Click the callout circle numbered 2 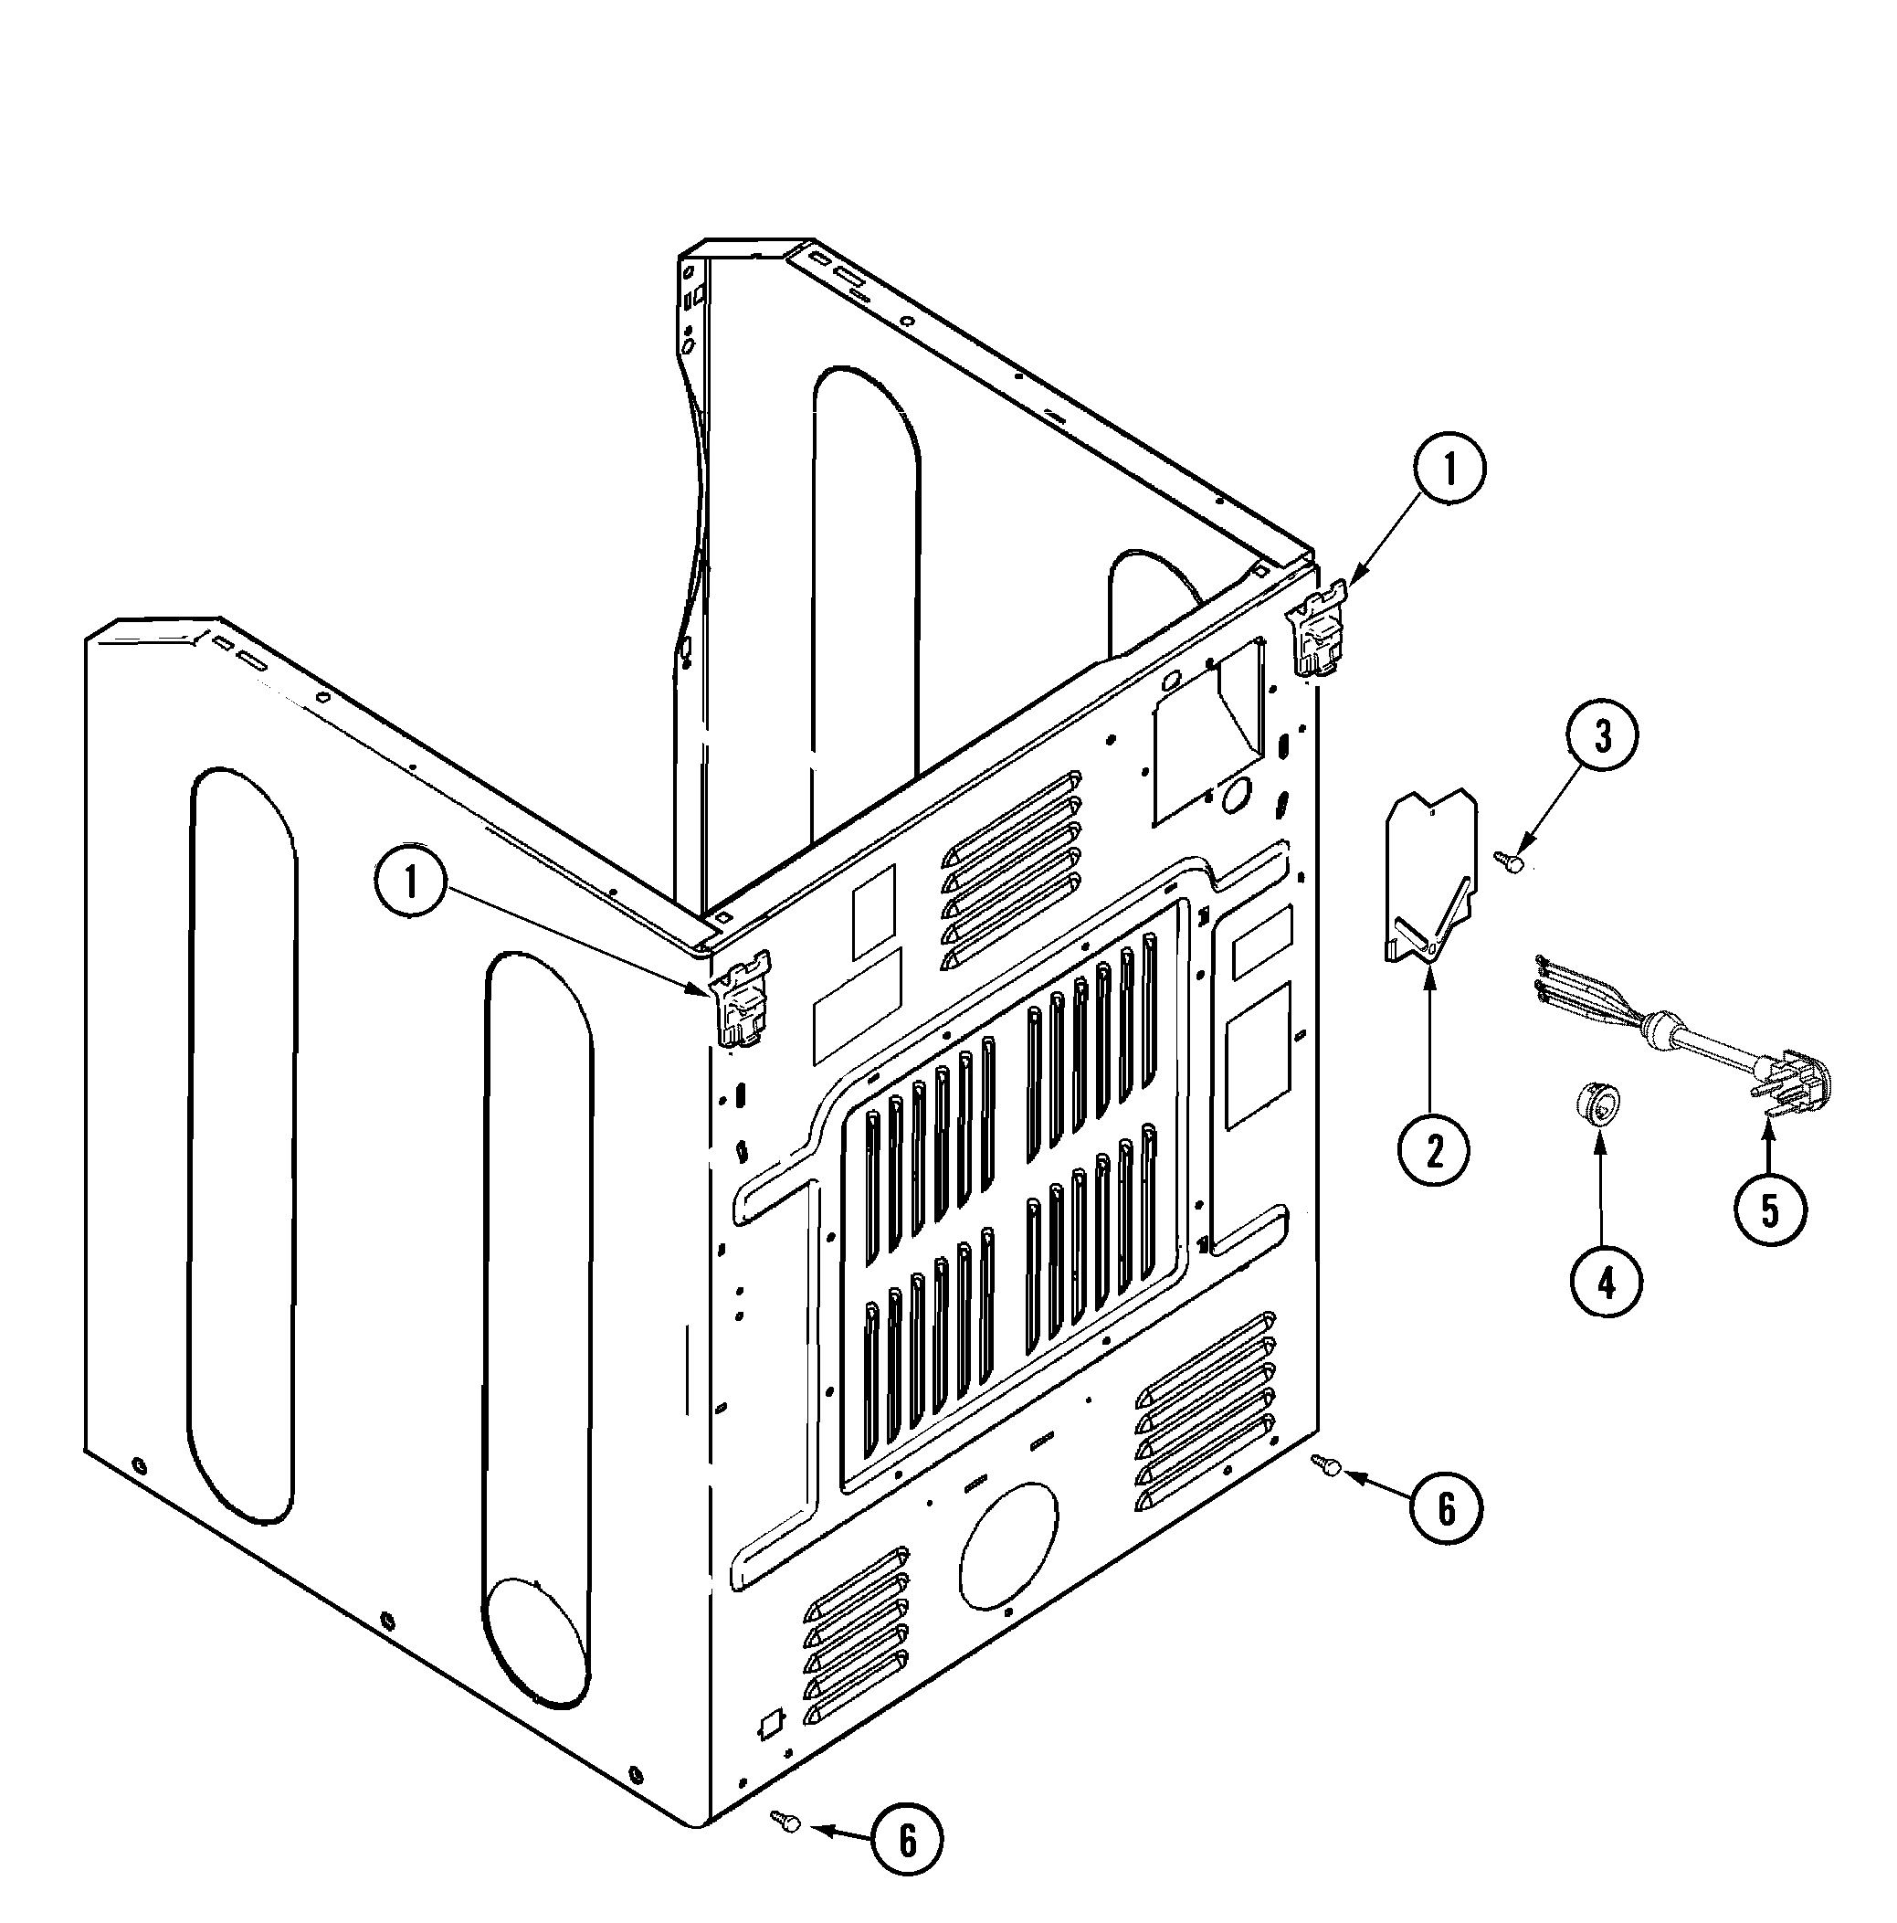click(x=1433, y=1151)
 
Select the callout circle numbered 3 click(x=1601, y=736)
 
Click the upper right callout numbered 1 click(x=1449, y=470)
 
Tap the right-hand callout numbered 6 click(x=1445, y=1510)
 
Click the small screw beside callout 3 click(x=1512, y=863)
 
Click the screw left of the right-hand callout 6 click(x=1327, y=1463)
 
